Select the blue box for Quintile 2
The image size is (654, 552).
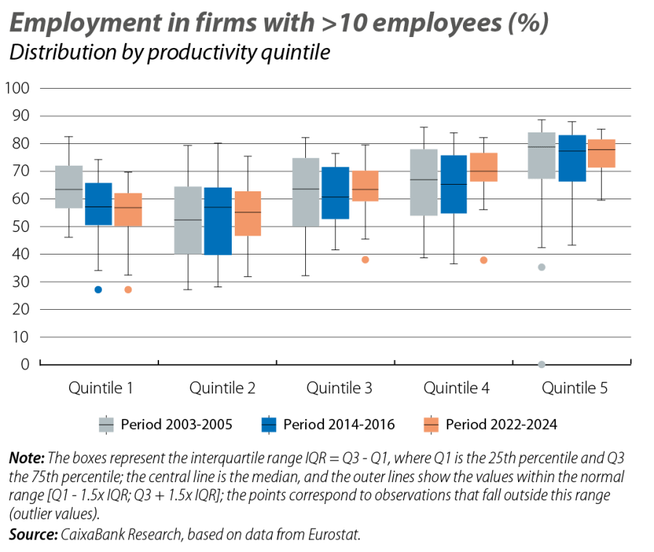tap(217, 221)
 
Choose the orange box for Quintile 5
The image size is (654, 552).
tap(602, 153)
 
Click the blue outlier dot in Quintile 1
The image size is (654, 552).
tap(99, 290)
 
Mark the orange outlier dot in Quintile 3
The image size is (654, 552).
tap(366, 260)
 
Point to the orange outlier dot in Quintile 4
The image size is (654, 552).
tap(483, 260)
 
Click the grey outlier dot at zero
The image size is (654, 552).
tap(541, 364)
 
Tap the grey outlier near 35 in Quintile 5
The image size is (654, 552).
tap(541, 268)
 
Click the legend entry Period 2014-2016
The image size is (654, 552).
tap(329, 425)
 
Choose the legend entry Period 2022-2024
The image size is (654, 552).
tap(491, 425)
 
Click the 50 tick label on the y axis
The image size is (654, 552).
tap(20, 227)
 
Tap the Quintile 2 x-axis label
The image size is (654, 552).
tap(222, 388)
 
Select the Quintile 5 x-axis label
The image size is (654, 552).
tap(575, 388)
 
